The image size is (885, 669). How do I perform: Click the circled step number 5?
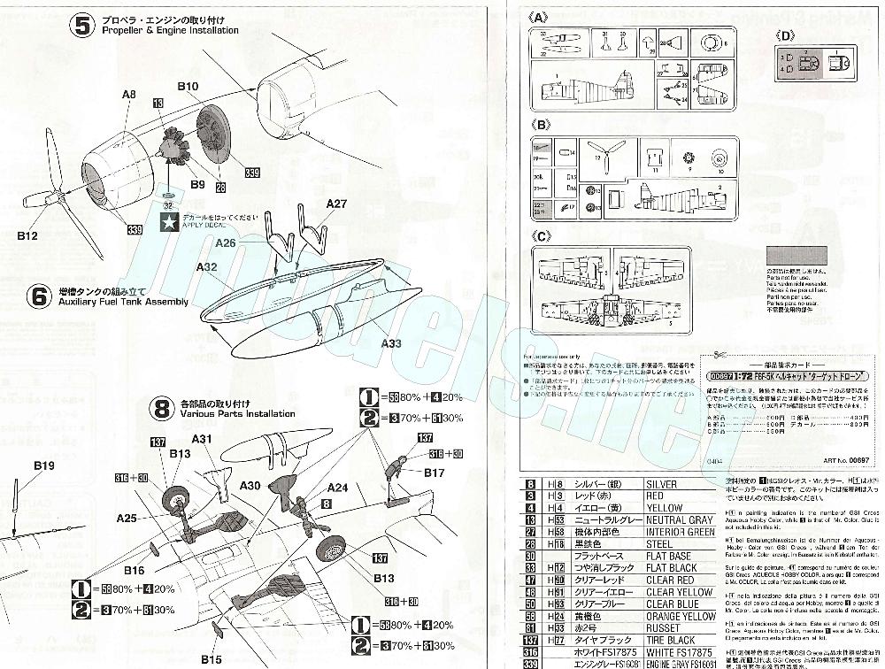82,26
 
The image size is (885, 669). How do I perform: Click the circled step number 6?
37,296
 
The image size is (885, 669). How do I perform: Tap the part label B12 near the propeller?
30,236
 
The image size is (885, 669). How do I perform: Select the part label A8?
129,94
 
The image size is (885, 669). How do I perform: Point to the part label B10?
188,86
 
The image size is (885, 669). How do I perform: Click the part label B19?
44,465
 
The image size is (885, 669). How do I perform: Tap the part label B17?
434,473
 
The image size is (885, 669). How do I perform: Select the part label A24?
336,488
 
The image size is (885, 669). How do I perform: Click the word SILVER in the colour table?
662,484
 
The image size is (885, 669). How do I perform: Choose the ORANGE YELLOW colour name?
681,616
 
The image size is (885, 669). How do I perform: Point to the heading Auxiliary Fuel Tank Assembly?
123,302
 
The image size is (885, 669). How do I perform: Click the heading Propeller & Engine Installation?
170,30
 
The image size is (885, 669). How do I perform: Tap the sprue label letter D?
788,36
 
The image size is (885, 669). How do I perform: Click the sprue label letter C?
542,236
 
